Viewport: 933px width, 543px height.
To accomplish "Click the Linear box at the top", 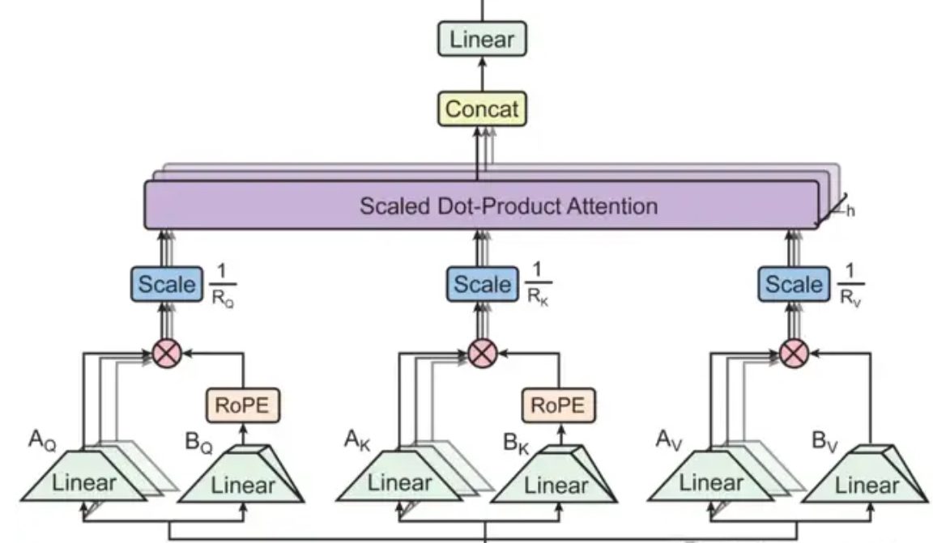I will [483, 39].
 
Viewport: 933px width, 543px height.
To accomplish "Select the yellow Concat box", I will [482, 108].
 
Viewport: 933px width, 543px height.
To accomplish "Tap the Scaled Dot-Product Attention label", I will [509, 205].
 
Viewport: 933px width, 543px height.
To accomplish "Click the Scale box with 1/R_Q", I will [167, 284].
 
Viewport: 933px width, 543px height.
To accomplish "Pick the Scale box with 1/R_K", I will [482, 284].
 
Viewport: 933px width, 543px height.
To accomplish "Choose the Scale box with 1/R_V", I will [793, 284].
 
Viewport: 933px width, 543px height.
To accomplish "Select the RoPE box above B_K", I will [558, 405].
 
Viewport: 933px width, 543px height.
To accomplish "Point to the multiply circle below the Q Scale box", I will [167, 353].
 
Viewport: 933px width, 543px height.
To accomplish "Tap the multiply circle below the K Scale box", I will [482, 353].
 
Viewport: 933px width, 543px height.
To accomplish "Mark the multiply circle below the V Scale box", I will [793, 353].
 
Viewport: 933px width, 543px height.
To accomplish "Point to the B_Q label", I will [198, 443].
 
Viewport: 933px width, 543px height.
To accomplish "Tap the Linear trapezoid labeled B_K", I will [556, 485].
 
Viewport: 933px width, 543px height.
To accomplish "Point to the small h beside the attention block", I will [850, 211].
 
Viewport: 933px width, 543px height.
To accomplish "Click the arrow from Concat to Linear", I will [483, 74].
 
